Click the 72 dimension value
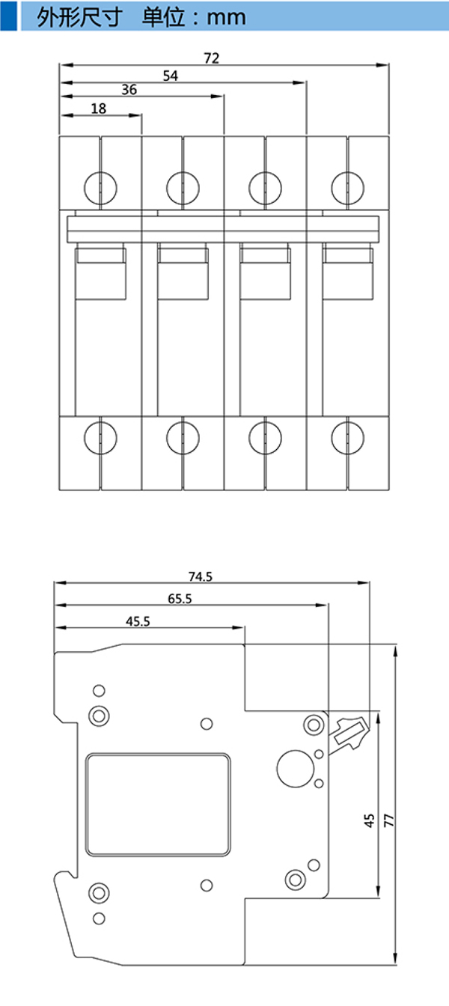212,58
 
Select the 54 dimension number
170,76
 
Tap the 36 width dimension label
129,90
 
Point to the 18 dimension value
98,109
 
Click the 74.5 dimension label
201,576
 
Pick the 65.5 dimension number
180,599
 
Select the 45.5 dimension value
138,621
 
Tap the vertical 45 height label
369,820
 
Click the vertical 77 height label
389,820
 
